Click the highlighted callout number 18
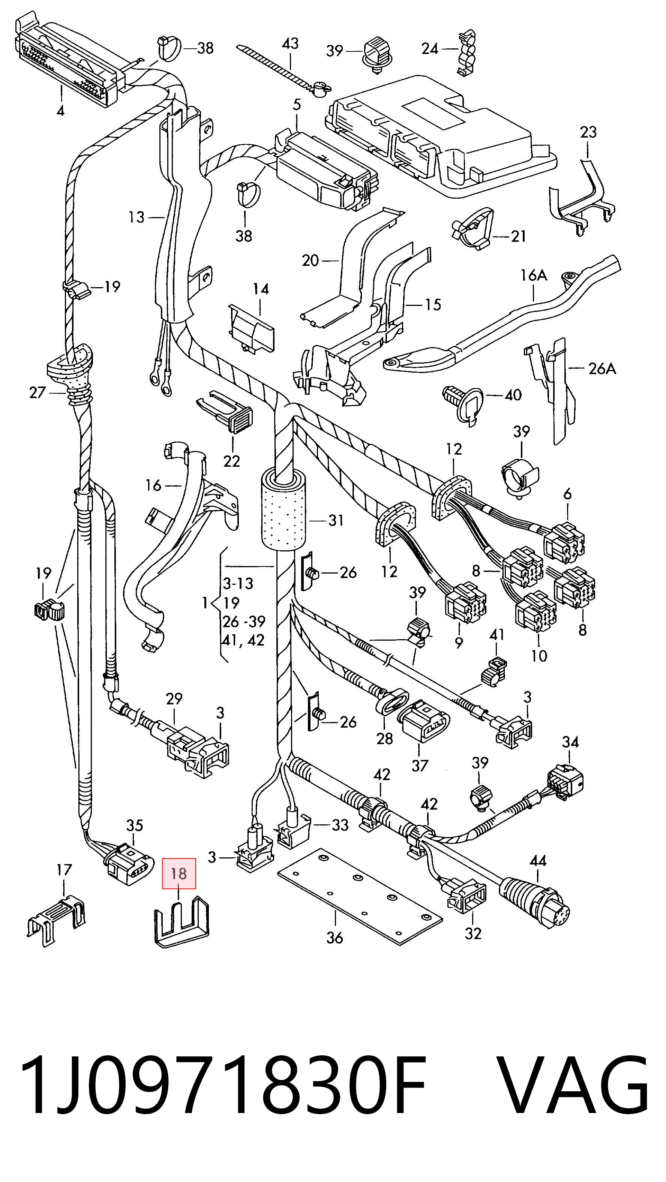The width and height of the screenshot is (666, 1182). [178, 873]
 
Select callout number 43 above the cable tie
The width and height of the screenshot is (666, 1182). [290, 43]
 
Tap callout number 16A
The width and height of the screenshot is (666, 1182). [534, 275]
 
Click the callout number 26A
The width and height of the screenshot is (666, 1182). [602, 369]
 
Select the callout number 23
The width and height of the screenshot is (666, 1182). [588, 132]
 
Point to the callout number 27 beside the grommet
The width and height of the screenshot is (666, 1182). [37, 393]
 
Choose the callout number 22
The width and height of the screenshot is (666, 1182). [232, 461]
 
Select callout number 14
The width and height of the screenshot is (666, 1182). [260, 289]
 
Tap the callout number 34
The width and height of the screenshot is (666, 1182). [570, 742]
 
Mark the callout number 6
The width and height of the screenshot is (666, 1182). [568, 494]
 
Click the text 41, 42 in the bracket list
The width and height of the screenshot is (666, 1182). [243, 640]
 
